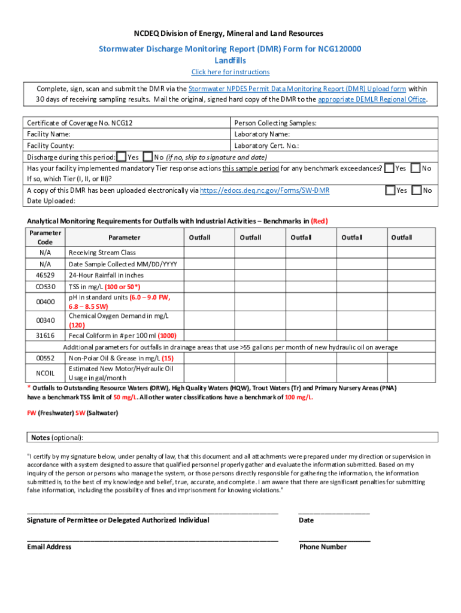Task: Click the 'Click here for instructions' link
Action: click(230, 72)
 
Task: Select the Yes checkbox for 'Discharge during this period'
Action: click(122, 157)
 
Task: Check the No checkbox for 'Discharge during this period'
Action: click(148, 157)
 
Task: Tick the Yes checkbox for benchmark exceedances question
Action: click(390, 168)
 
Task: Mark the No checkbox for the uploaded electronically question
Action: click(417, 190)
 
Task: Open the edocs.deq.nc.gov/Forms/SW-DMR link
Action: click(264, 190)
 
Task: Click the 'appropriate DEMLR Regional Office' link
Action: click(372, 99)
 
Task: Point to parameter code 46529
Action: click(45, 275)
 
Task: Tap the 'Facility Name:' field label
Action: click(48, 134)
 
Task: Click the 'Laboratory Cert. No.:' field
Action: click(266, 145)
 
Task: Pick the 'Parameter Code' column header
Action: click(45, 237)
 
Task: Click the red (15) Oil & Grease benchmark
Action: click(176, 358)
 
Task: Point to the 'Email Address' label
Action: click(49, 547)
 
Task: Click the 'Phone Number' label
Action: click(323, 547)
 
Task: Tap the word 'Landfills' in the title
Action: click(230, 60)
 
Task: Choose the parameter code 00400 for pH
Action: click(45, 301)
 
